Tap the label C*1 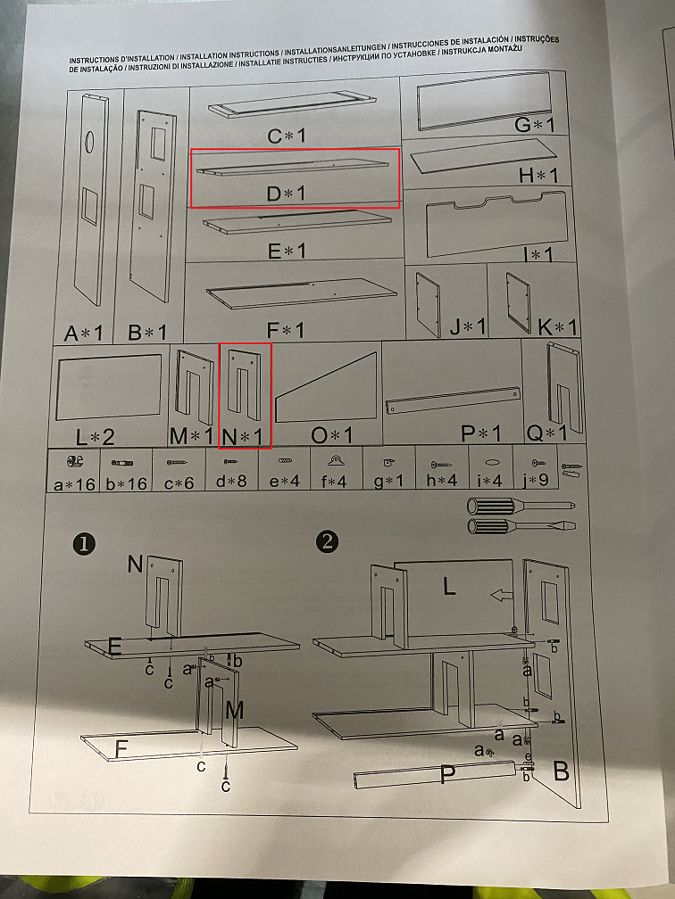point(287,136)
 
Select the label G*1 point(534,125)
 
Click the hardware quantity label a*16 point(74,484)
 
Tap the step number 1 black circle point(84,543)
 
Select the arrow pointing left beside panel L point(501,595)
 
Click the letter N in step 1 point(135,565)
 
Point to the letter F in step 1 point(121,749)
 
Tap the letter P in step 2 point(447,775)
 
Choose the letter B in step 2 point(562,771)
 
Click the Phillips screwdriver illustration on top point(521,506)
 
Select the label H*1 point(537,175)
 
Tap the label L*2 point(96,437)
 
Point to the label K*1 point(557,327)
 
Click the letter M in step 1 point(234,711)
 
